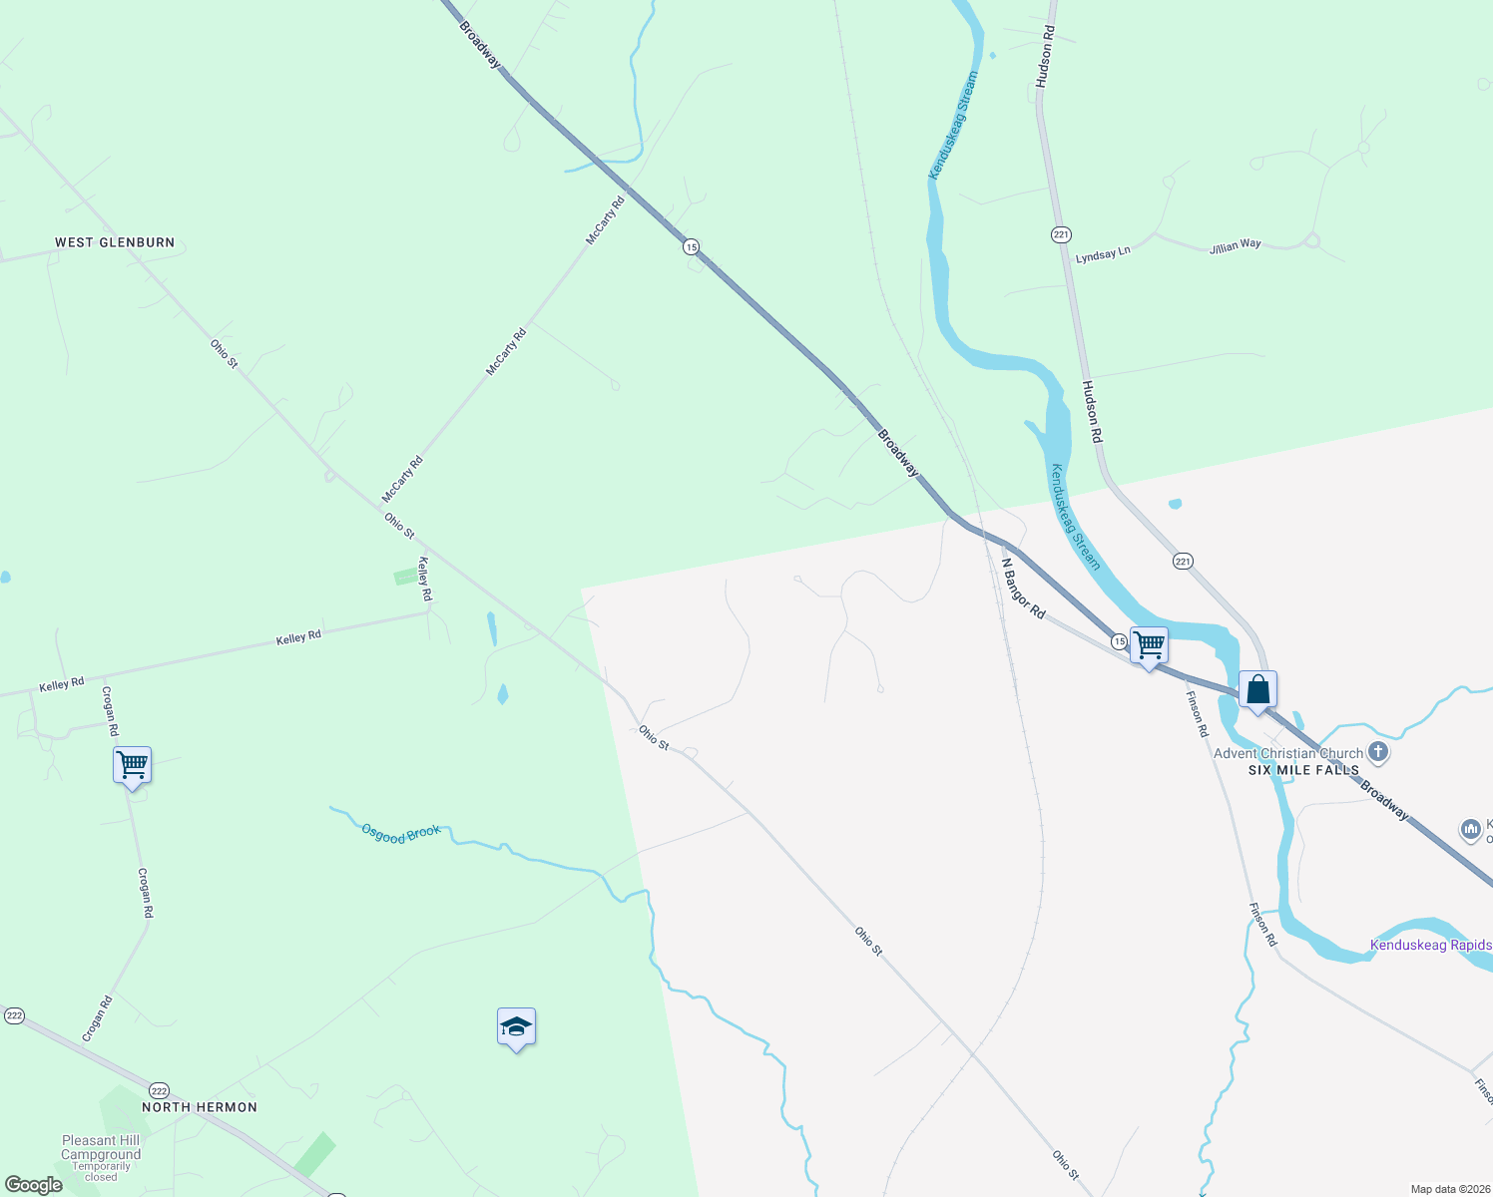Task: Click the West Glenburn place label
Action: click(x=115, y=242)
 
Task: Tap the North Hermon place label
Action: click(x=200, y=1107)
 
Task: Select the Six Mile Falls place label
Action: click(x=1303, y=770)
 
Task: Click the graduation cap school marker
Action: click(x=516, y=1026)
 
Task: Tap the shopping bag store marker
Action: click(x=1257, y=689)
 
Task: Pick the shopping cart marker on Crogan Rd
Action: click(x=132, y=766)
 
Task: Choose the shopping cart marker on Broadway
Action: click(x=1149, y=645)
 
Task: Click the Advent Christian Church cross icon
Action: click(x=1378, y=752)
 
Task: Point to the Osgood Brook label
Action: click(x=400, y=834)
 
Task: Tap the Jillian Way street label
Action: click(x=1236, y=245)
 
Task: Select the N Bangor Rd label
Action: click(x=1023, y=589)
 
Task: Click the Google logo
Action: click(x=33, y=1185)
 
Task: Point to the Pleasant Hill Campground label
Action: click(x=101, y=1147)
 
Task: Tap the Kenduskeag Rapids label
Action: click(x=1430, y=945)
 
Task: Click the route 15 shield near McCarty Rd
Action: click(x=691, y=245)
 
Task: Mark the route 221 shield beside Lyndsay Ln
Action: click(x=1060, y=234)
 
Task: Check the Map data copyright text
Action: click(x=1449, y=1189)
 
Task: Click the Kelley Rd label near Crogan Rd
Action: click(x=62, y=685)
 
